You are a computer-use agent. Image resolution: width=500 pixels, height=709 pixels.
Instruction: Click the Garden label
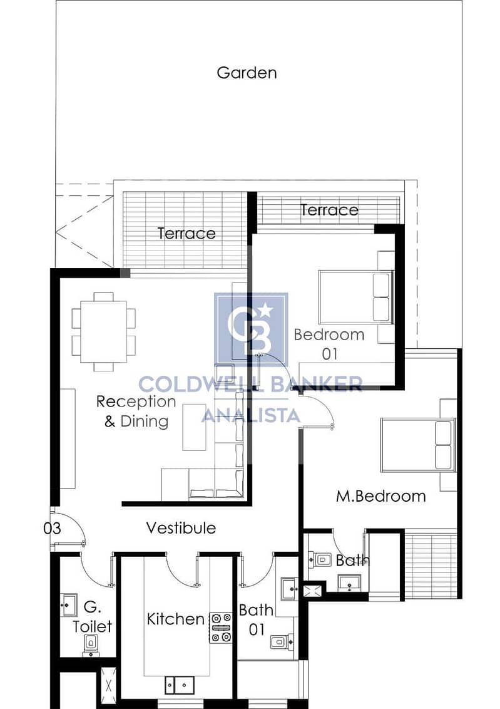coord(247,73)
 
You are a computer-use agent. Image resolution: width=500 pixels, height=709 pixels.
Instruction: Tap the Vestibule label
coord(181,528)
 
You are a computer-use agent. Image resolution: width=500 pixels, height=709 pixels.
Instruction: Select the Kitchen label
coord(176,619)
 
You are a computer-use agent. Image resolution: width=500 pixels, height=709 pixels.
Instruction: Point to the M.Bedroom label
coord(380,496)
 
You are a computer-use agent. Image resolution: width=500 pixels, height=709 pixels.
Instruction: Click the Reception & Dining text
coord(136,411)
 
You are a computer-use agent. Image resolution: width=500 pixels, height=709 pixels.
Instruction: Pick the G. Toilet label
coord(93,616)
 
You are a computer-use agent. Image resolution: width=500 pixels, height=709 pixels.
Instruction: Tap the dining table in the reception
coord(104,331)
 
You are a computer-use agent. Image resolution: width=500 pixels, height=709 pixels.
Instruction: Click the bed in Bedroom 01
coord(356,297)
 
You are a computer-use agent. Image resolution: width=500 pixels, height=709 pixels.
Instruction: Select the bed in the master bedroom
coord(418,445)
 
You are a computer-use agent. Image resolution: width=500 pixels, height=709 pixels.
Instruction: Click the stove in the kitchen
coord(222,628)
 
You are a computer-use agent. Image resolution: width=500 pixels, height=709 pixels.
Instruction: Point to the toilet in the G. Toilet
coord(91,644)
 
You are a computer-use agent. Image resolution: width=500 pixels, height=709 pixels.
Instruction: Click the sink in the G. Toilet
coord(69,604)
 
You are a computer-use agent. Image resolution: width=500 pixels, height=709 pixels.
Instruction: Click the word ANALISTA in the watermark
coord(251,415)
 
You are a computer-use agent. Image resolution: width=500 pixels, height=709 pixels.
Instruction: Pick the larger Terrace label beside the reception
coord(186,234)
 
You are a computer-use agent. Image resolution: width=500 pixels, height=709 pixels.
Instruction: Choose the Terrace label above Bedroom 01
coord(329,210)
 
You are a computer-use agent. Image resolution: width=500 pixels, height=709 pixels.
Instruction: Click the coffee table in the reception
coord(194,427)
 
